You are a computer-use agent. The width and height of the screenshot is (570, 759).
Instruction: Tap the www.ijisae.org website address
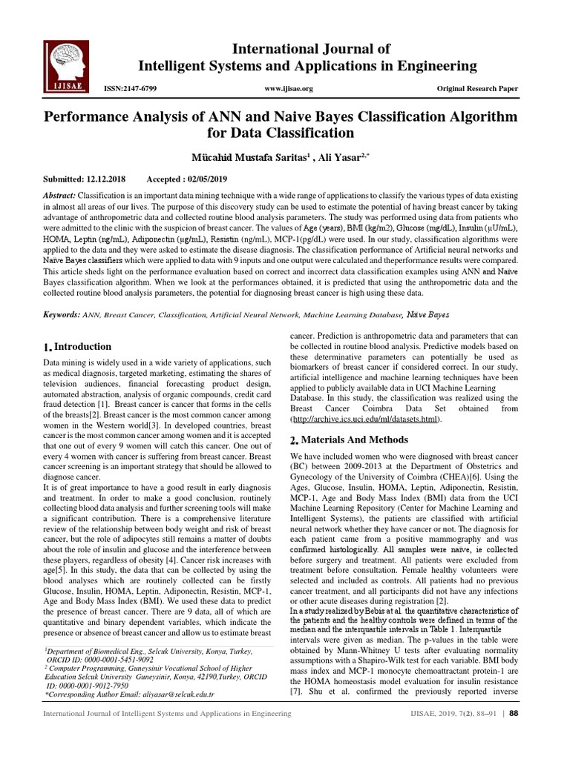pos(289,89)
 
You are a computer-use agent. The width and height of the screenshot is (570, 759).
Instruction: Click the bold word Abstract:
pos(65,193)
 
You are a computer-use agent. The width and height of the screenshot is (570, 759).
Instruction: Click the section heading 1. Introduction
pos(78,347)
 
